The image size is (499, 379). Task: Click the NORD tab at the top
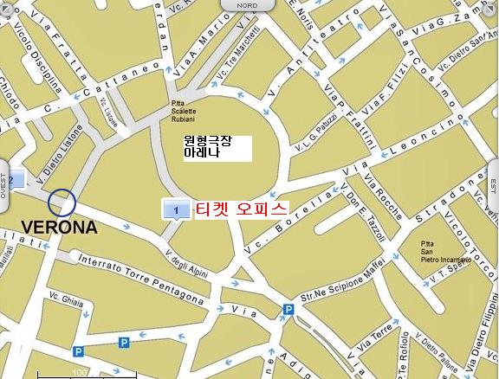tap(247, 5)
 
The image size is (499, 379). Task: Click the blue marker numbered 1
tap(176, 209)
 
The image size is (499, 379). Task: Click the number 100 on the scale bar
tap(81, 373)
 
